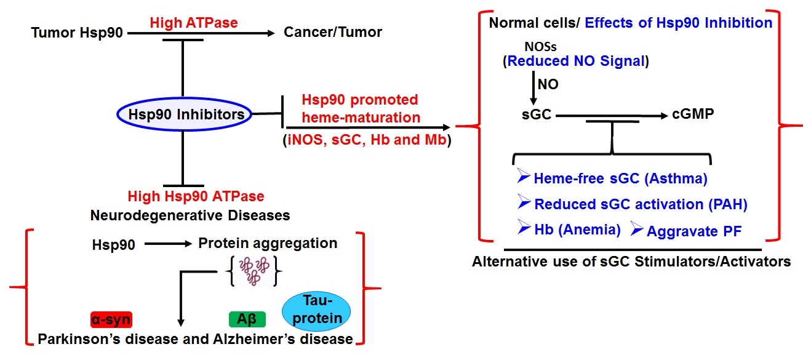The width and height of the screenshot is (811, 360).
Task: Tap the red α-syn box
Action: tap(111, 319)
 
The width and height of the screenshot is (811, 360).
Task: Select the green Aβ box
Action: tap(246, 319)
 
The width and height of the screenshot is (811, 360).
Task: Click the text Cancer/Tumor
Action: tap(332, 32)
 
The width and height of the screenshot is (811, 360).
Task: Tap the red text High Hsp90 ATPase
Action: tap(196, 197)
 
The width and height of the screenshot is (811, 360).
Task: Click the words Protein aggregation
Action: tap(268, 243)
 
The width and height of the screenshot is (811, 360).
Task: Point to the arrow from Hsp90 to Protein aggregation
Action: tap(167, 244)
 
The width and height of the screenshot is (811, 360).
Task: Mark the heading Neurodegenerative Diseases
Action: tap(190, 215)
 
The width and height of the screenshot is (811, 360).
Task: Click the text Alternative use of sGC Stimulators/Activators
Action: tap(631, 261)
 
